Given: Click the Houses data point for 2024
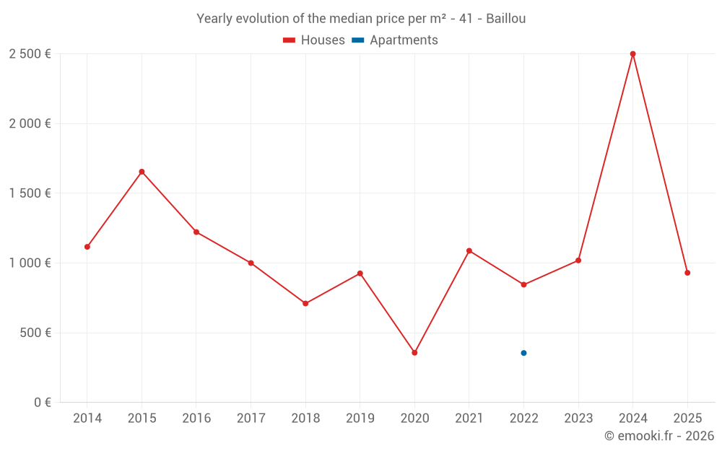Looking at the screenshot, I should [632, 54].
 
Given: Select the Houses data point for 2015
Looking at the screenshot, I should [142, 172].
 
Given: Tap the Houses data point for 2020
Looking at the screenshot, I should [414, 353].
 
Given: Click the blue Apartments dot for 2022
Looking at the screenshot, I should [523, 353].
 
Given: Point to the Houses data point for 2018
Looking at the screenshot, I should [305, 304].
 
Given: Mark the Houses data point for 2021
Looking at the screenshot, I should [469, 251].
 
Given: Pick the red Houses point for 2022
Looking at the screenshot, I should [523, 285].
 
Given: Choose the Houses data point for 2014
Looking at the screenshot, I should [87, 247].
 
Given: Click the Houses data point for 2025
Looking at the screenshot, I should [687, 273].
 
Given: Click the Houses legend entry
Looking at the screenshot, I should [314, 40].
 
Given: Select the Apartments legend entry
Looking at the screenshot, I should [396, 40].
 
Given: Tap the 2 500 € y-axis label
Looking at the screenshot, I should [30, 53].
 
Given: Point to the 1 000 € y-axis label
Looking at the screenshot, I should [30, 263].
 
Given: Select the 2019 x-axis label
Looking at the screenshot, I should [360, 419].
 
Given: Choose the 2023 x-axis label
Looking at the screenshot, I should [578, 419].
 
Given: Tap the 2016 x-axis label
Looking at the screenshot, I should [196, 419].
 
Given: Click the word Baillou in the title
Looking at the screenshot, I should [505, 18].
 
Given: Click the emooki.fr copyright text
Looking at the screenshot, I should [659, 436].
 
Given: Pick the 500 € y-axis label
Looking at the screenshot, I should [35, 333].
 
